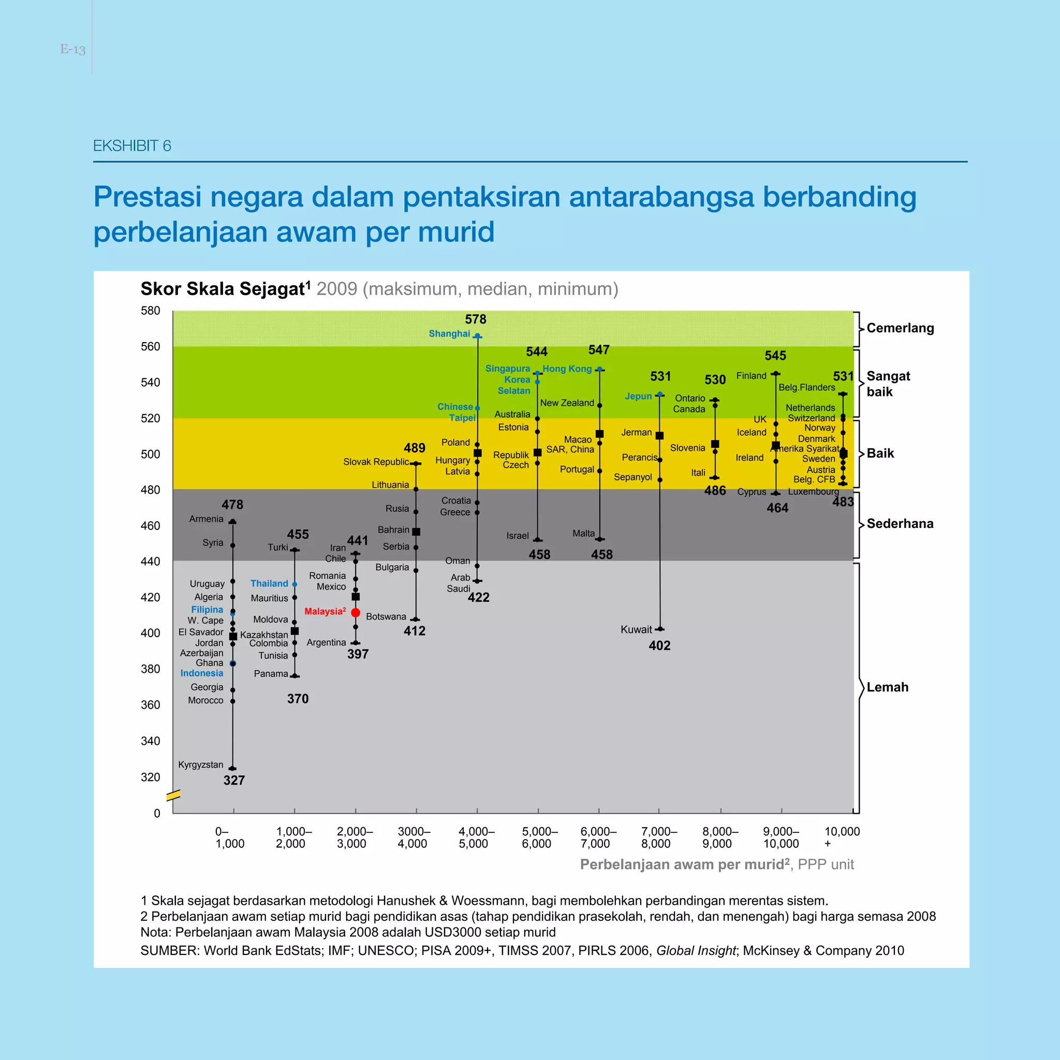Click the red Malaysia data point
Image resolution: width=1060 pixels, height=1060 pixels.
pos(356,612)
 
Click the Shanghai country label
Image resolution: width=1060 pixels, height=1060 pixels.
pos(449,334)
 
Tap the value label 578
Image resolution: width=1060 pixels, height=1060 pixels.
pos(475,319)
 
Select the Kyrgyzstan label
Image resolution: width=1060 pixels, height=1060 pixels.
pos(201,765)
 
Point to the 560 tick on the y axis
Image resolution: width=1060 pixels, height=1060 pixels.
pos(150,347)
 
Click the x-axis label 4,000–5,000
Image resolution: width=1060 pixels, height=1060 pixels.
pos(476,838)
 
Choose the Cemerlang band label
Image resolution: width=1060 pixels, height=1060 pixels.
pos(900,328)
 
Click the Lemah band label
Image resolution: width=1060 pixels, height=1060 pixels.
pos(887,687)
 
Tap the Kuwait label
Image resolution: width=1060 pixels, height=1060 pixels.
pos(636,630)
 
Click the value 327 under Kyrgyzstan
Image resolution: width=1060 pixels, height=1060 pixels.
pos(234,781)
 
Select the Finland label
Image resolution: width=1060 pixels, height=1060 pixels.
pos(751,376)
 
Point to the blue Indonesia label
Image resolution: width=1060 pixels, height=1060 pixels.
pos(202,673)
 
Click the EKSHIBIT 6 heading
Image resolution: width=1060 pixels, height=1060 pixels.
pos(132,146)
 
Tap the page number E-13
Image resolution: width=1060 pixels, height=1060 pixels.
pos(72,49)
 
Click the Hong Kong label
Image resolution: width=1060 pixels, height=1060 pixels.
pos(567,369)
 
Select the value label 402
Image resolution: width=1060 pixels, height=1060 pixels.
pos(659,646)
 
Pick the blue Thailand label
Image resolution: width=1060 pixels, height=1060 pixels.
pos(269,584)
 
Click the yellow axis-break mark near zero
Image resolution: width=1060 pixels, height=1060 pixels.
pos(173,795)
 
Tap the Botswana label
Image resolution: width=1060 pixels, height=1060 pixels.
pos(386,616)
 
